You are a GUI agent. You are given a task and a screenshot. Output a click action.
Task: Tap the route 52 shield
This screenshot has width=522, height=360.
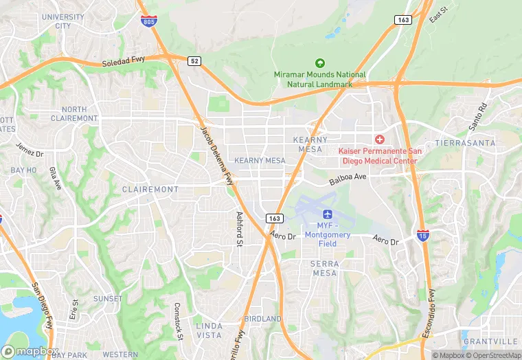click(x=194, y=61)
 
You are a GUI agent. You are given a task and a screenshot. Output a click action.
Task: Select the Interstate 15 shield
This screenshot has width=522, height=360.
click(x=422, y=236)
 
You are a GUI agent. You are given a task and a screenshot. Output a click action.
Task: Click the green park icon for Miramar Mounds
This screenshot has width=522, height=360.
click(x=319, y=64)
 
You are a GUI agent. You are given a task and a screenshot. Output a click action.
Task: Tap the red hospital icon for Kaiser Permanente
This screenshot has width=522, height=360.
click(x=379, y=139)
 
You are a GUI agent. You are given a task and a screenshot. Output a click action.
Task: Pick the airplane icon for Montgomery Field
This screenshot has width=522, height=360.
click(x=326, y=216)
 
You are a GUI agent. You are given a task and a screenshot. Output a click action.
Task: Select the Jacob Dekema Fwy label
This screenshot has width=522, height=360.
click(x=216, y=155)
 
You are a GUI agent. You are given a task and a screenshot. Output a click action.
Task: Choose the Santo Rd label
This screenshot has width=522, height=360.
click(x=477, y=117)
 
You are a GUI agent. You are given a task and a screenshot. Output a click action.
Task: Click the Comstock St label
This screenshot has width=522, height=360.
click(x=177, y=322)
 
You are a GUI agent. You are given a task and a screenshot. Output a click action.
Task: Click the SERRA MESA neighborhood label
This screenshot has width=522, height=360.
click(x=324, y=268)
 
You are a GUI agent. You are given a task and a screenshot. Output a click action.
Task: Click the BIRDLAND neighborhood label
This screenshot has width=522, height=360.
click(x=262, y=319)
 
